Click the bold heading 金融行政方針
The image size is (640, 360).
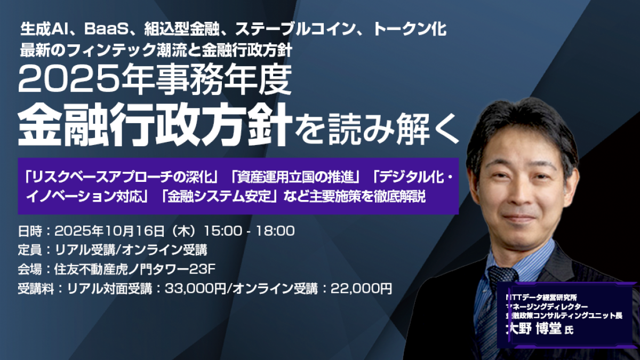[155, 124]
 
